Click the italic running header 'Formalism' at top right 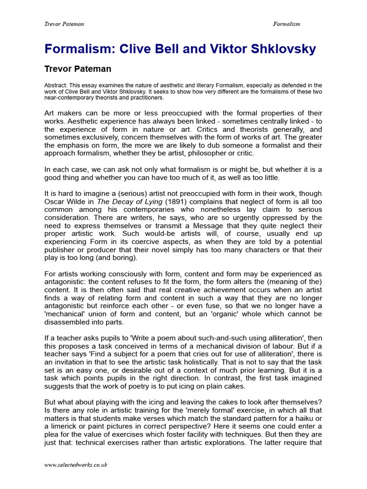click(x=286, y=24)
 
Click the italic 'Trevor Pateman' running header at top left click(x=64, y=24)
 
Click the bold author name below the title click(x=78, y=69)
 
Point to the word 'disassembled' click(x=68, y=322)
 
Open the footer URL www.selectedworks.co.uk click(x=76, y=465)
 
